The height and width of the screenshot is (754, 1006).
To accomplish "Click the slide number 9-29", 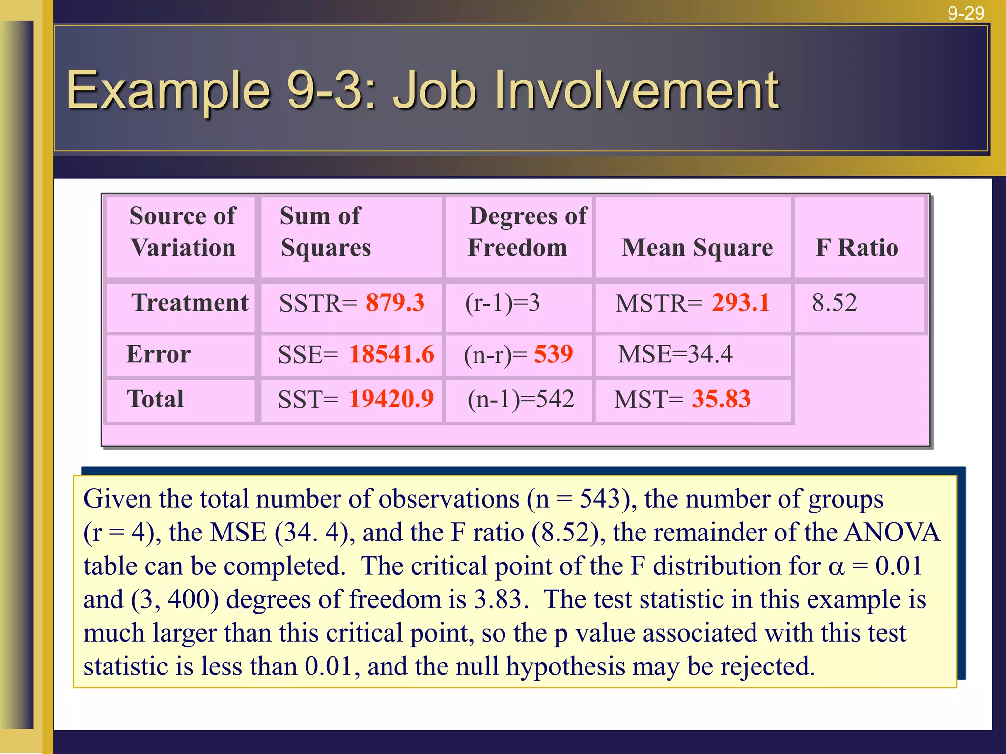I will [x=966, y=13].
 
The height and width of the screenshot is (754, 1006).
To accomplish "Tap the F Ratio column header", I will [x=857, y=247].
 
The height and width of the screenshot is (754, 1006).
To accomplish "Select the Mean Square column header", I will [x=697, y=247].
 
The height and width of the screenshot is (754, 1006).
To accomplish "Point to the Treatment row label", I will [x=190, y=302].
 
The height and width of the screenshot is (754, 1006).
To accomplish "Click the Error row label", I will [x=158, y=354].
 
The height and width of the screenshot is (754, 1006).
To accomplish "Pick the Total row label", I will [x=155, y=399].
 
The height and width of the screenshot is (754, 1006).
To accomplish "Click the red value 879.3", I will [x=395, y=302].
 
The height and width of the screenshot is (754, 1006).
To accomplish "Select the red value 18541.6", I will [x=391, y=354].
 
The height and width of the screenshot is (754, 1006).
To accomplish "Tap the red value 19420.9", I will [x=391, y=399].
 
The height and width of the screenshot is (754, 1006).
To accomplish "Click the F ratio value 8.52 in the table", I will [x=834, y=302].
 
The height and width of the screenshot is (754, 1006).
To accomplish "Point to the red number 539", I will [x=554, y=354].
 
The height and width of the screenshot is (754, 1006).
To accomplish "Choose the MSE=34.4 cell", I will [x=675, y=354].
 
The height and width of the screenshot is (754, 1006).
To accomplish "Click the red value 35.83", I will [x=721, y=399].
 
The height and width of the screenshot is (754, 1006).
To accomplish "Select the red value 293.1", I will [x=741, y=302].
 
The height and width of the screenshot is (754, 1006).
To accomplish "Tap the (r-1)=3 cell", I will [x=502, y=302].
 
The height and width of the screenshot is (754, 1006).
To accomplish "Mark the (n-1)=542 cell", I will [x=521, y=399].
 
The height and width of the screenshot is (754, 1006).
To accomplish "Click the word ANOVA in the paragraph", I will [x=892, y=533].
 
